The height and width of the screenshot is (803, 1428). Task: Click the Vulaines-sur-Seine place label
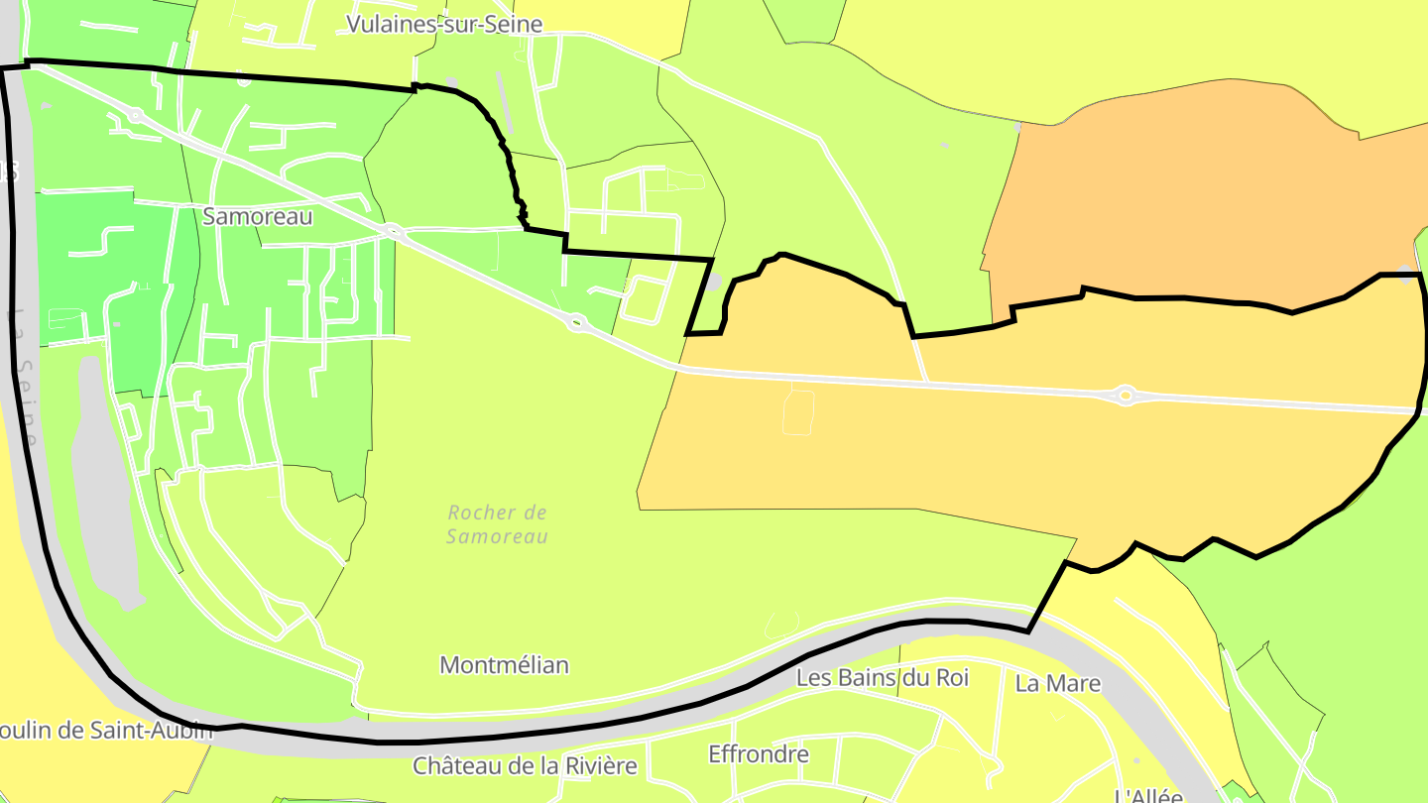pos(444,24)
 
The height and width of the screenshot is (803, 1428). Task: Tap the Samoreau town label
pos(257,216)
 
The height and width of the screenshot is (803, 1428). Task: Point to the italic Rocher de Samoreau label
pos(497,524)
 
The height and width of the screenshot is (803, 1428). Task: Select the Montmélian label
pos(504,664)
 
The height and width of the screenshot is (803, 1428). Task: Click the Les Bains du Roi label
pos(883,678)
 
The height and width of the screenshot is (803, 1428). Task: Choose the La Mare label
pos(1058,683)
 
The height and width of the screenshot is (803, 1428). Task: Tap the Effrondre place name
pos(759,754)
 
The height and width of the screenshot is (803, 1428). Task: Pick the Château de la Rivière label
pos(526,765)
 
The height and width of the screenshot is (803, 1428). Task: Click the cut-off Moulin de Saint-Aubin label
pos(105,731)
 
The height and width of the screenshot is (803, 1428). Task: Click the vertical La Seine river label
pos(24,377)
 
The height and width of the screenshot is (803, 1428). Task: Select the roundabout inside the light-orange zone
pos(1125,396)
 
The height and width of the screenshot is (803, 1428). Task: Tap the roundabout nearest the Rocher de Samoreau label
pos(576,321)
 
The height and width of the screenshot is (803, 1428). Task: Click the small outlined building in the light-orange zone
pos(797,411)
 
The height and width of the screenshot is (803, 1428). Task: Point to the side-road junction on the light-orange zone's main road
pos(927,381)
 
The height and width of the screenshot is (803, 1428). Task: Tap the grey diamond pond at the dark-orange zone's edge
pos(1406,274)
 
